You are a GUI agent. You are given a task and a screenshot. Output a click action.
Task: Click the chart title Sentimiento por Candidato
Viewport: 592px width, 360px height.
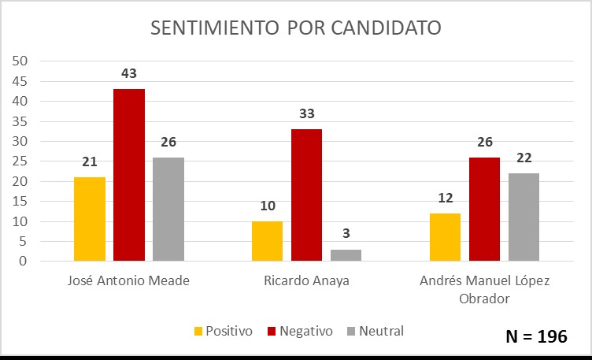(296, 28)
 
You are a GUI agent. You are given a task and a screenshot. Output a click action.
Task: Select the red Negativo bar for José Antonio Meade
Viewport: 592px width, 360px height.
(129, 175)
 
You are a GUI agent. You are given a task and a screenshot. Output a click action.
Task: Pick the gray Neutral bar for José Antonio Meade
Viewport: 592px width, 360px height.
(168, 209)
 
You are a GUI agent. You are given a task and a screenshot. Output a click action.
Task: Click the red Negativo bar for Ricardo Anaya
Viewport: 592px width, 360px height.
(306, 195)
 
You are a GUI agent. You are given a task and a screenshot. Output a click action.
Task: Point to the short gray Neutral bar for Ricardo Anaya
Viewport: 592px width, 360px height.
(346, 255)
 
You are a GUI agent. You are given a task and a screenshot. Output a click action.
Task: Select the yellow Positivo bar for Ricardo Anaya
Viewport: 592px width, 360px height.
(267, 241)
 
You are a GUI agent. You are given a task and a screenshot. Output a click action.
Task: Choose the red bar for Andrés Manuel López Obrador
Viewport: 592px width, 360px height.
(484, 209)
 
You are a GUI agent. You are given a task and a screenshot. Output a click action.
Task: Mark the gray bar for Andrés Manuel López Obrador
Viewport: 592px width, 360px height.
(524, 217)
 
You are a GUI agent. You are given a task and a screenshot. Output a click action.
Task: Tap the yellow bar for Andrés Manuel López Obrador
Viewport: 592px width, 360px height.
(445, 237)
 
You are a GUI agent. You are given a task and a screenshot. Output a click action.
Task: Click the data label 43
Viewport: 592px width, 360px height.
(129, 74)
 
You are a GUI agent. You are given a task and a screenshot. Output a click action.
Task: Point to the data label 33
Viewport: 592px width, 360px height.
(306, 114)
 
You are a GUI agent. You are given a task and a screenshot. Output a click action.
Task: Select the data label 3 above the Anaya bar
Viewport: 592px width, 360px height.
(346, 235)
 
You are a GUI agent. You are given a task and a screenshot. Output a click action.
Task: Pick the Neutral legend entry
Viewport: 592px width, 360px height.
(375, 331)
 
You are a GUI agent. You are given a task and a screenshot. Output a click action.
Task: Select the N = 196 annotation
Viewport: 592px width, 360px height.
(535, 336)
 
